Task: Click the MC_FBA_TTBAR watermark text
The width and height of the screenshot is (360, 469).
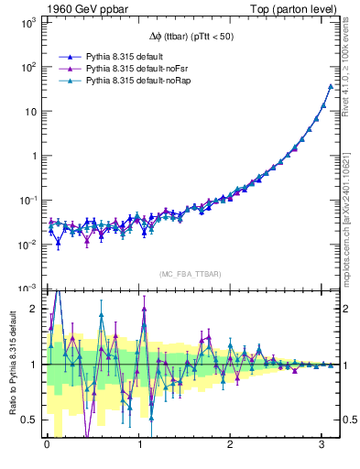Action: pyautogui.click(x=191, y=275)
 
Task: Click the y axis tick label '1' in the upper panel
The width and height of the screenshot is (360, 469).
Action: pyautogui.click(x=33, y=156)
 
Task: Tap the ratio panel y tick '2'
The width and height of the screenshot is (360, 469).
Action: pyautogui.click(x=34, y=309)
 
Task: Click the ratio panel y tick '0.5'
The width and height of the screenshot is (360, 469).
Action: pyautogui.click(x=29, y=420)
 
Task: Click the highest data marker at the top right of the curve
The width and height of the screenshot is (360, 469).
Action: pyautogui.click(x=330, y=87)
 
